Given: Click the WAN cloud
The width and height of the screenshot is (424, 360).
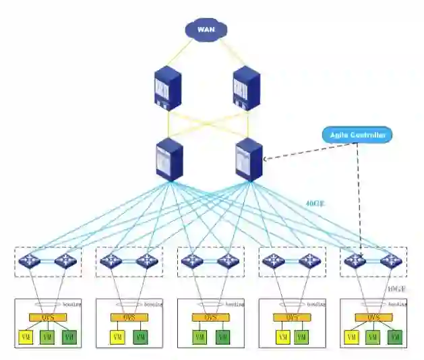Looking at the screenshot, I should (206, 29).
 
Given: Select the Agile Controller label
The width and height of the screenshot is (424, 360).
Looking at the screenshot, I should (358, 135).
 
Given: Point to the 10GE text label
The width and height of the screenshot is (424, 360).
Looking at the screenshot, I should (397, 289).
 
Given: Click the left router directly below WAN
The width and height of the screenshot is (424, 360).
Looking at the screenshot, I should (168, 88).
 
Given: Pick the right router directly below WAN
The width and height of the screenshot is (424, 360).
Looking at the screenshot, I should (246, 88).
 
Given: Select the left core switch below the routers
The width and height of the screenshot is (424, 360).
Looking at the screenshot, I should (169, 159).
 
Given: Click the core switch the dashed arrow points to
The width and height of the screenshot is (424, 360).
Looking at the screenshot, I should (247, 159).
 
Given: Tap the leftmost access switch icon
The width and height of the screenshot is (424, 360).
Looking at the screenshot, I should (29, 261).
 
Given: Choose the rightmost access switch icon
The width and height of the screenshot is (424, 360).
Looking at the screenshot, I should (390, 261).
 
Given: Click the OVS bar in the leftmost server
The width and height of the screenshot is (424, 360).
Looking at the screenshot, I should (47, 317).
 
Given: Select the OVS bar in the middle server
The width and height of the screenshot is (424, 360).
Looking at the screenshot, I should (210, 317).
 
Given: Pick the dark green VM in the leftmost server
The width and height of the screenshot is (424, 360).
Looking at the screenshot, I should (69, 336).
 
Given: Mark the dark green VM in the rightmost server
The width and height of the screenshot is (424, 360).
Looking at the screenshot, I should (395, 336).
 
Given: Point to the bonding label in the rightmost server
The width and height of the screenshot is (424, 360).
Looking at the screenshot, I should (398, 305).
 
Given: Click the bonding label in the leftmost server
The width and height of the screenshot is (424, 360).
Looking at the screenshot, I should (71, 305).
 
